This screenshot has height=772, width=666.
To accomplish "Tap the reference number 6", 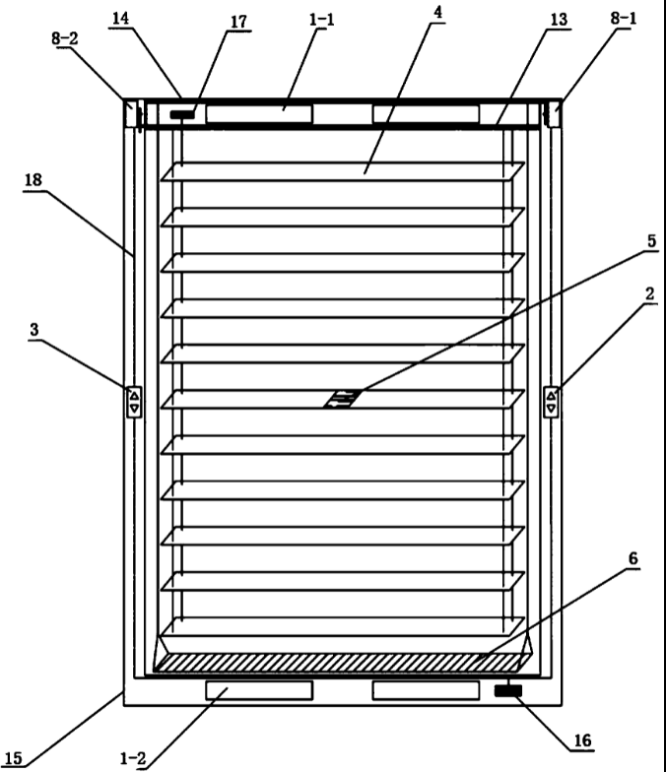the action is point(632,559).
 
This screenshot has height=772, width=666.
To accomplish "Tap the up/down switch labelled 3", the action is point(135,401).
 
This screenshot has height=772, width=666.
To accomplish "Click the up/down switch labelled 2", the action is point(552,401).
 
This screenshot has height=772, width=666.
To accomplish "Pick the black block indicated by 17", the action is point(182,114).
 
